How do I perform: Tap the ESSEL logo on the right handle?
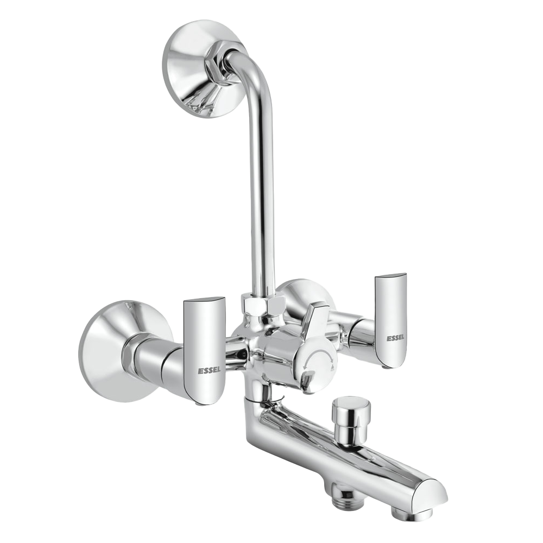pos(395,338)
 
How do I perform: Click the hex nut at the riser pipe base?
pos(262,306)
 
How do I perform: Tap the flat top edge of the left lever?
pos(204,300)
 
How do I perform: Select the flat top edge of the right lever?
pos(390,276)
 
